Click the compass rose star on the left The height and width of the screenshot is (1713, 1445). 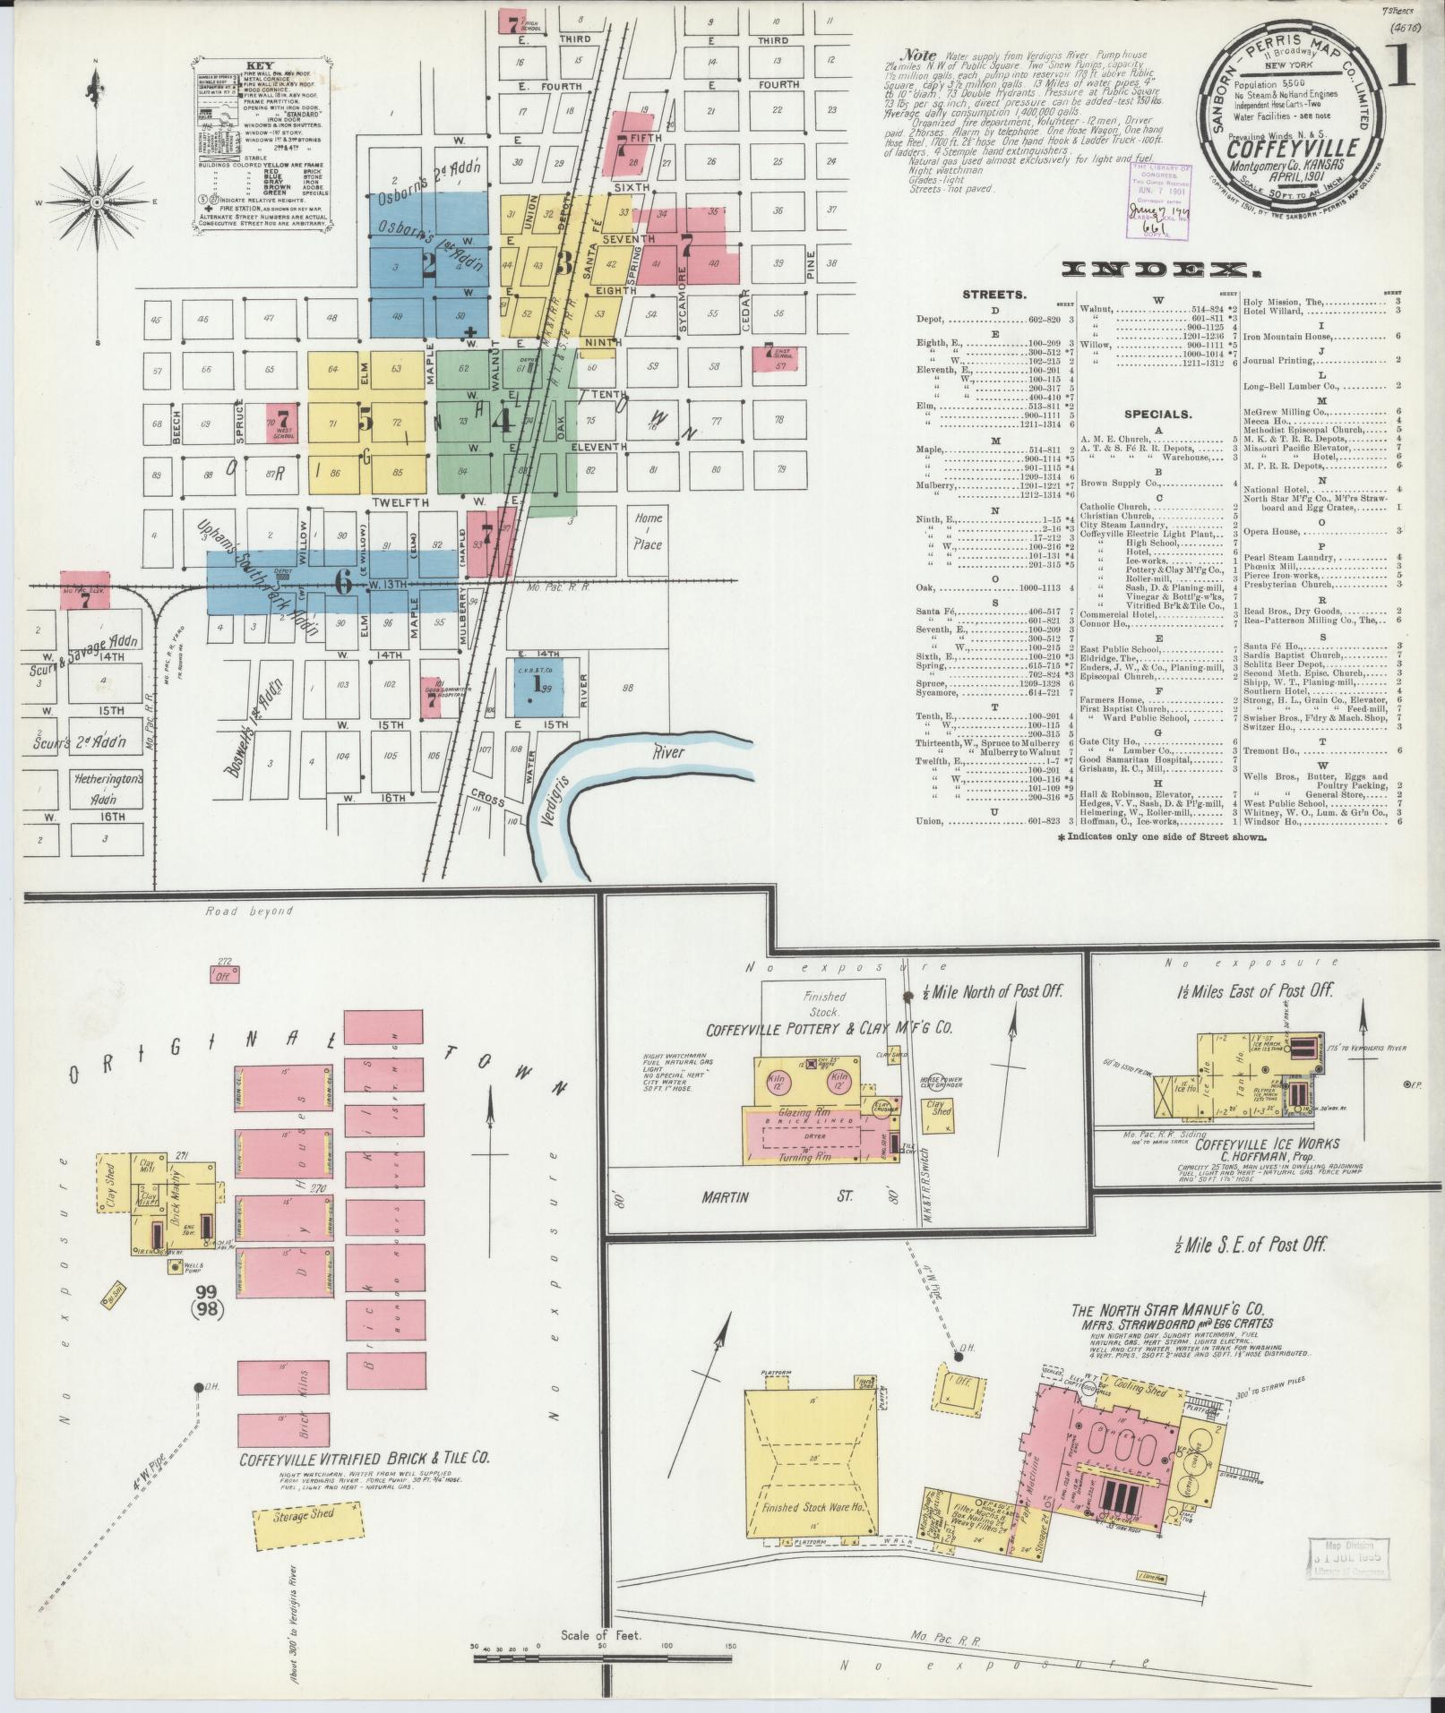[96, 201]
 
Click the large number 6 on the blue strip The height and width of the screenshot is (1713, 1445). [341, 582]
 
